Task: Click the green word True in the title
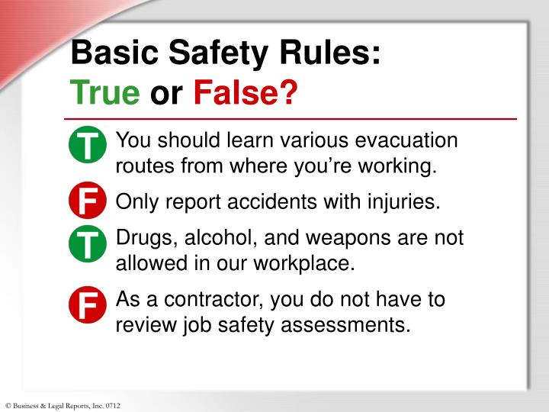(x=105, y=95)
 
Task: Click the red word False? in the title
(x=245, y=95)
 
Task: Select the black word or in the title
(x=166, y=95)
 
